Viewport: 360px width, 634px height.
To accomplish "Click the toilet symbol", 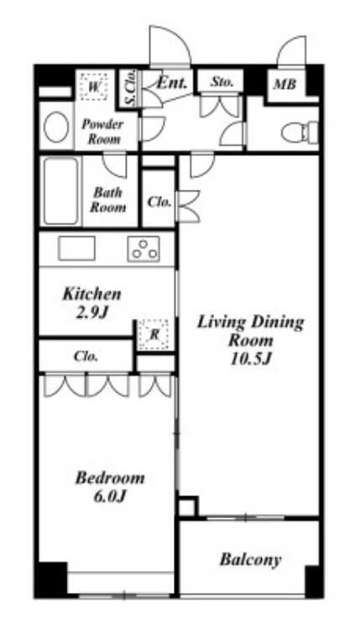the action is point(300,132).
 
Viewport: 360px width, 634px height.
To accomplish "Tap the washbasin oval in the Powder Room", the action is point(56,127).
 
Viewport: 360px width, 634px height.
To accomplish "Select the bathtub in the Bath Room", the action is point(61,191).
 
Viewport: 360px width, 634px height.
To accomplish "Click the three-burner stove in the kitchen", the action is point(143,249).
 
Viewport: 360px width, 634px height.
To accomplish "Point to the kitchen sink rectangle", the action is point(76,249).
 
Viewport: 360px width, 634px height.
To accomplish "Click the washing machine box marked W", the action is point(93,86).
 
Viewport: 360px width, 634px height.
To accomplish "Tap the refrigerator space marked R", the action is point(154,334).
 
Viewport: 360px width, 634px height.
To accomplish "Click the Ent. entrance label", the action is point(172,83).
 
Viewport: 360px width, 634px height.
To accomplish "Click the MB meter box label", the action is point(284,85).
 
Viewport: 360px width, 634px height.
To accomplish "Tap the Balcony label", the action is point(251,560).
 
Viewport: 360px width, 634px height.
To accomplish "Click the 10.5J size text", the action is point(250,359).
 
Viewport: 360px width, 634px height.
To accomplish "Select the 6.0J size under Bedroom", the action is point(109,496).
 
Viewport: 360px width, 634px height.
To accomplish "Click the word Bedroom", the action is point(110,479).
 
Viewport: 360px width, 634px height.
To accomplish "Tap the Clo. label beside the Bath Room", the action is point(159,202).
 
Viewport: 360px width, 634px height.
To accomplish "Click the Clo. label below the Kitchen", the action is point(86,357).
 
